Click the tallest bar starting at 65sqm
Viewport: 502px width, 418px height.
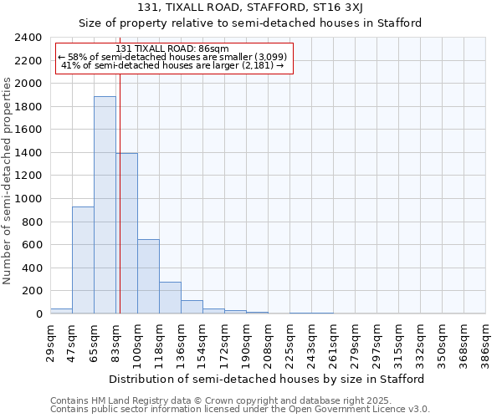[x=105, y=205]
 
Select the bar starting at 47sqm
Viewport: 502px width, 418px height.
[x=83, y=260]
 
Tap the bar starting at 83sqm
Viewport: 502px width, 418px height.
[x=127, y=233]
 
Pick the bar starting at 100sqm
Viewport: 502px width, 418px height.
[x=148, y=276]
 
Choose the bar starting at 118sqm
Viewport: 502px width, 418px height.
[x=170, y=298]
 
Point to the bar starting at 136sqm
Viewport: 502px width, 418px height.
[x=192, y=307]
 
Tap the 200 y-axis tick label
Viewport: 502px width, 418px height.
[x=32, y=291]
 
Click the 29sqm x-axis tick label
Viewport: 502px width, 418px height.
[x=50, y=343]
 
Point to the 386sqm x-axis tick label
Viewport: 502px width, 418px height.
[x=485, y=343]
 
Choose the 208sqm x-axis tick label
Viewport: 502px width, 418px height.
[x=268, y=343]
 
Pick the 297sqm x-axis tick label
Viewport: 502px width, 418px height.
[x=376, y=343]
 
